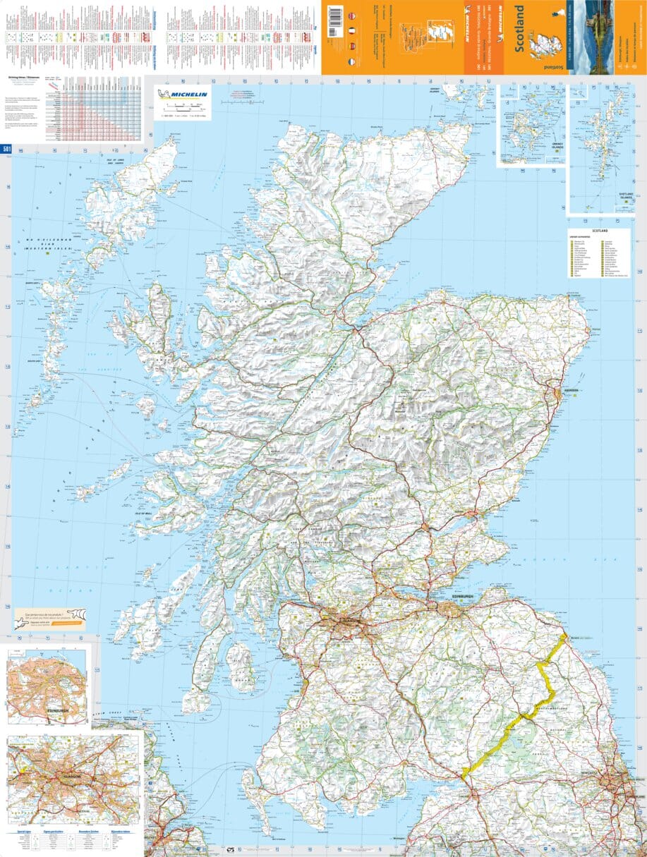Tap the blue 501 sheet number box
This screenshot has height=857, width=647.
(7, 149)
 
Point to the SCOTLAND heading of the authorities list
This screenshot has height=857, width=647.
(600, 231)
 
